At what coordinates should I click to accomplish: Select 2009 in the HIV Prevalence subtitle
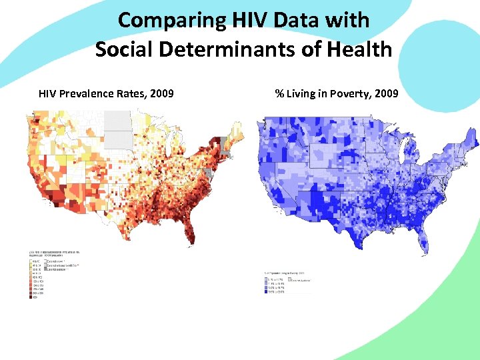(162, 93)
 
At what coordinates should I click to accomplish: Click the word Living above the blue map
(303, 93)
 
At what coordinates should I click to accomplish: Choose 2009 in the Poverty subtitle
(387, 93)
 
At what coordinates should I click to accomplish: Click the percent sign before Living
(279, 93)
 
